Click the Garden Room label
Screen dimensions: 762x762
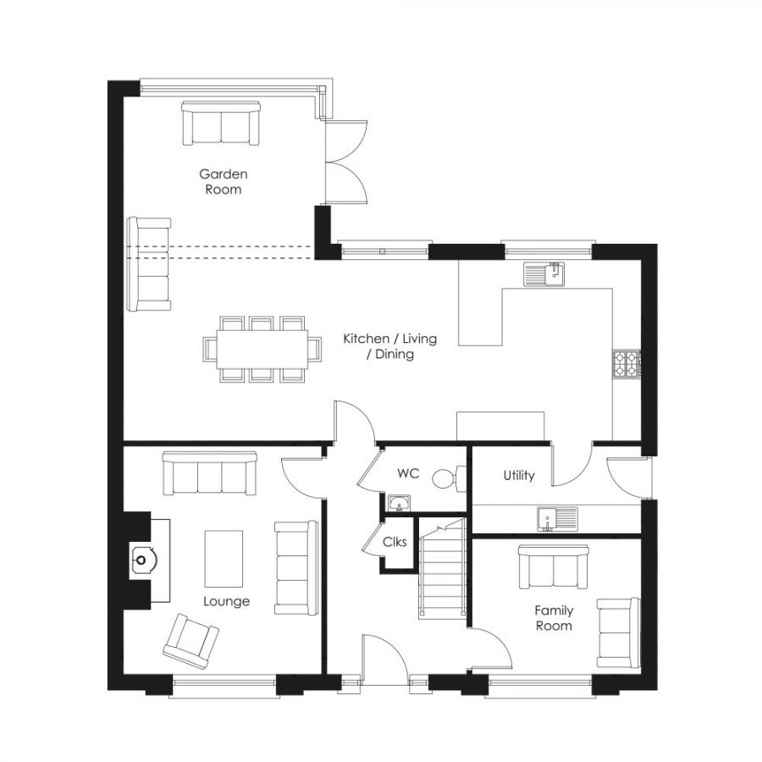pos(224,181)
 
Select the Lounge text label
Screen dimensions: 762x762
pos(226,601)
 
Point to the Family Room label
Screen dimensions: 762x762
pos(553,618)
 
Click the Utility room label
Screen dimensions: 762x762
pos(519,476)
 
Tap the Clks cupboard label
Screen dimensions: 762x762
pos(395,542)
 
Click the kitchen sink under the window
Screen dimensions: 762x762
pos(544,275)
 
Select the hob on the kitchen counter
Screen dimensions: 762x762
pos(626,364)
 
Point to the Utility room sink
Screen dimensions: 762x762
pos(556,516)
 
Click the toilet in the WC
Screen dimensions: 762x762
pos(445,478)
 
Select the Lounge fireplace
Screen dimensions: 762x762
pos(141,559)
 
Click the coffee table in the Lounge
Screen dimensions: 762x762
pos(224,558)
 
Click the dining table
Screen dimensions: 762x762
pos(262,348)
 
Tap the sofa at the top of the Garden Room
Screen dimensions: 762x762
pos(221,123)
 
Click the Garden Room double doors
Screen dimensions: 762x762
pos(345,161)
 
